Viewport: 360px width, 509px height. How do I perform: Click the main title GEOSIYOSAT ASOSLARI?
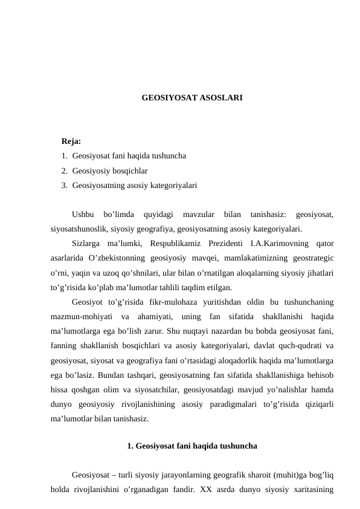click(192, 97)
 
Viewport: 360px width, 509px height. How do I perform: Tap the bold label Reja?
click(71, 141)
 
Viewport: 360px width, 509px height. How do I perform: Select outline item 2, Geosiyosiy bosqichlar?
click(109, 170)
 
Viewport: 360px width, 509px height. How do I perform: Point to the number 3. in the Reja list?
click(64, 185)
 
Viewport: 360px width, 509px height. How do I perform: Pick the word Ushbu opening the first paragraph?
click(83, 214)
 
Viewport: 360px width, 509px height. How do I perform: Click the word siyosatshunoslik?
click(77, 229)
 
